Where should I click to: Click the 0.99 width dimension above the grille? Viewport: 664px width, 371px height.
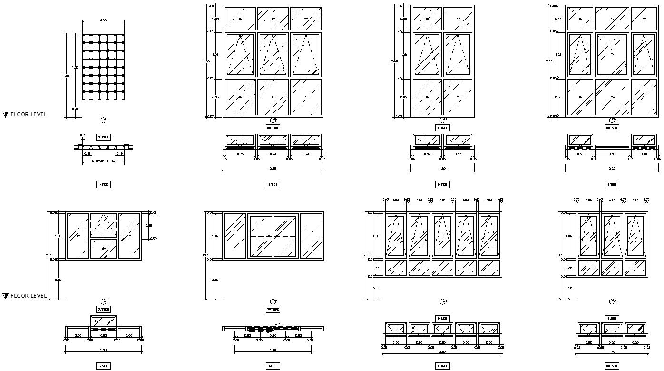[x=103, y=20]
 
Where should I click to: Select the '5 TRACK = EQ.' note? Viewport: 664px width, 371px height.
[x=103, y=162]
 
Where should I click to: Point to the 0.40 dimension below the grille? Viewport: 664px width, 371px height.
[x=76, y=109]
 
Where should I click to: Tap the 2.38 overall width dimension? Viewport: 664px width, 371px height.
[x=273, y=168]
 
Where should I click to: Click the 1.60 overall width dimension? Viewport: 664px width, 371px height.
[x=442, y=168]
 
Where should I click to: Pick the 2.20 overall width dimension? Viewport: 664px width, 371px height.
[x=612, y=168]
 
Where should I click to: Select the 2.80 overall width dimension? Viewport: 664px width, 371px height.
[x=442, y=351]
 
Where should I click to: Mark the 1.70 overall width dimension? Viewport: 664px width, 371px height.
[x=612, y=351]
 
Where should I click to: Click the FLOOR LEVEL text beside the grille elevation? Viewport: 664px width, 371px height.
[x=29, y=115]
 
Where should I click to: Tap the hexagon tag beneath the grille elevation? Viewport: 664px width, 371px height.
[x=104, y=120]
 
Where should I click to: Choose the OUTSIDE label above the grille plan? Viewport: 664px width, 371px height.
[x=103, y=137]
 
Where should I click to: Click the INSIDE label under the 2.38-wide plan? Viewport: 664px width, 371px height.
[x=273, y=184]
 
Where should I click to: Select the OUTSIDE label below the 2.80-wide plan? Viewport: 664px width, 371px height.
[x=442, y=366]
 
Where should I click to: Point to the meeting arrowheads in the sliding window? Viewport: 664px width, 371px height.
[x=272, y=236]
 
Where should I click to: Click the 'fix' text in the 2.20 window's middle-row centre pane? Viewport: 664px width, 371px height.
[x=612, y=55]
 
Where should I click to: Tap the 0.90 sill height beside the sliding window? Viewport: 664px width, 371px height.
[x=215, y=280]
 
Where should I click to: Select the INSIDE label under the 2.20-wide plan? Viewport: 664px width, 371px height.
[x=612, y=184]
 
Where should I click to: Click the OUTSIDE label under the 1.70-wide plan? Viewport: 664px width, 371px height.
[x=612, y=366]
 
